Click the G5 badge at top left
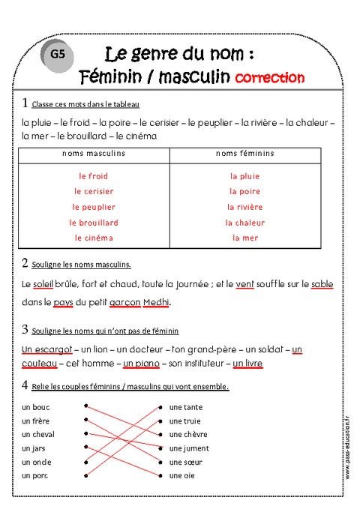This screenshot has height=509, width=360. coord(58,53)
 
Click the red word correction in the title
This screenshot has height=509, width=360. coord(269,77)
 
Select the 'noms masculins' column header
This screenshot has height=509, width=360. coord(94,154)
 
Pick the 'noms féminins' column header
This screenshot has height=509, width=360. coord(245,154)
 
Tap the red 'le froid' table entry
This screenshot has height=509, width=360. coord(94,176)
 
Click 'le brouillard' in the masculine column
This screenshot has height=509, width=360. coord(94,223)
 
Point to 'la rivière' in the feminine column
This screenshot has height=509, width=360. coord(245,207)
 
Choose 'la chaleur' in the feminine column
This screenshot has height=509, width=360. coord(245,223)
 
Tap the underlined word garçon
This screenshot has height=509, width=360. coord(125,303)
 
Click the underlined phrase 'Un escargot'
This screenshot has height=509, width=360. coord(47,349)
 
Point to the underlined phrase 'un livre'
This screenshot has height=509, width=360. coord(247,364)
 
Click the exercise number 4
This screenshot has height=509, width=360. coord(25,386)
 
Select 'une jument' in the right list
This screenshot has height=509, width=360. coord(189,448)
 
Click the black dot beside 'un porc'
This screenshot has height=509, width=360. coord(87,475)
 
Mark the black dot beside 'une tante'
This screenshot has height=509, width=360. coord(160,407)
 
